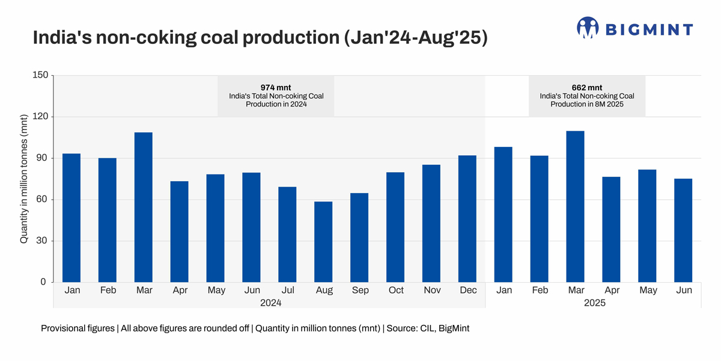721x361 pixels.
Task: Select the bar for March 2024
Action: tap(144, 208)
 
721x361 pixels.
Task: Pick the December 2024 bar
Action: tap(467, 219)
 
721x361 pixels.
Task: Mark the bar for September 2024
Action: tap(359, 238)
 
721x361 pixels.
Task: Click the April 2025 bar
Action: tap(611, 229)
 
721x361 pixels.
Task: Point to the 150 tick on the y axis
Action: tap(40, 75)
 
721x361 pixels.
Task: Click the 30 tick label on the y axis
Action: tap(42, 241)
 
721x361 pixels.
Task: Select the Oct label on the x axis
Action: tap(396, 290)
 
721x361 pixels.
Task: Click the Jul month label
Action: tap(288, 290)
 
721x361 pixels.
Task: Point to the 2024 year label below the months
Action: tap(270, 303)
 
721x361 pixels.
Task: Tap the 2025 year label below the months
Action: tap(594, 303)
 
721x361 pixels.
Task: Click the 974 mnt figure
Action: tap(276, 87)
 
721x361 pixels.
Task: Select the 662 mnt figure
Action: tap(587, 87)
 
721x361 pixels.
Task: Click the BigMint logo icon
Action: tap(588, 28)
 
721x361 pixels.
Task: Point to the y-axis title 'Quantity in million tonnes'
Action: tap(25, 179)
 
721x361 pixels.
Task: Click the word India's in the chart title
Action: tap(60, 37)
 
